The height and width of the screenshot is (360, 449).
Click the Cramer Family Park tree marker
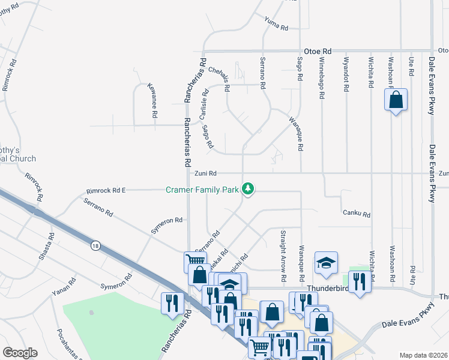pyautogui.click(x=248, y=190)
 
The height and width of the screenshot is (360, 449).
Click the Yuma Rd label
pyautogui.click(x=276, y=23)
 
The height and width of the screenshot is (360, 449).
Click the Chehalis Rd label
pyautogui.click(x=219, y=78)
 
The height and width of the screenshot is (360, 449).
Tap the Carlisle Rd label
pyautogui.click(x=204, y=103)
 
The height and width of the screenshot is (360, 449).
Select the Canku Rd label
pyautogui.click(x=357, y=214)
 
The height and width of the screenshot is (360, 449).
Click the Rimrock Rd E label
pyautogui.click(x=106, y=191)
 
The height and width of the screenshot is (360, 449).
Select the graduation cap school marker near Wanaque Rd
pyautogui.click(x=326, y=263)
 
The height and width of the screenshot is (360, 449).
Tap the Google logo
pyautogui.click(x=20, y=353)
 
